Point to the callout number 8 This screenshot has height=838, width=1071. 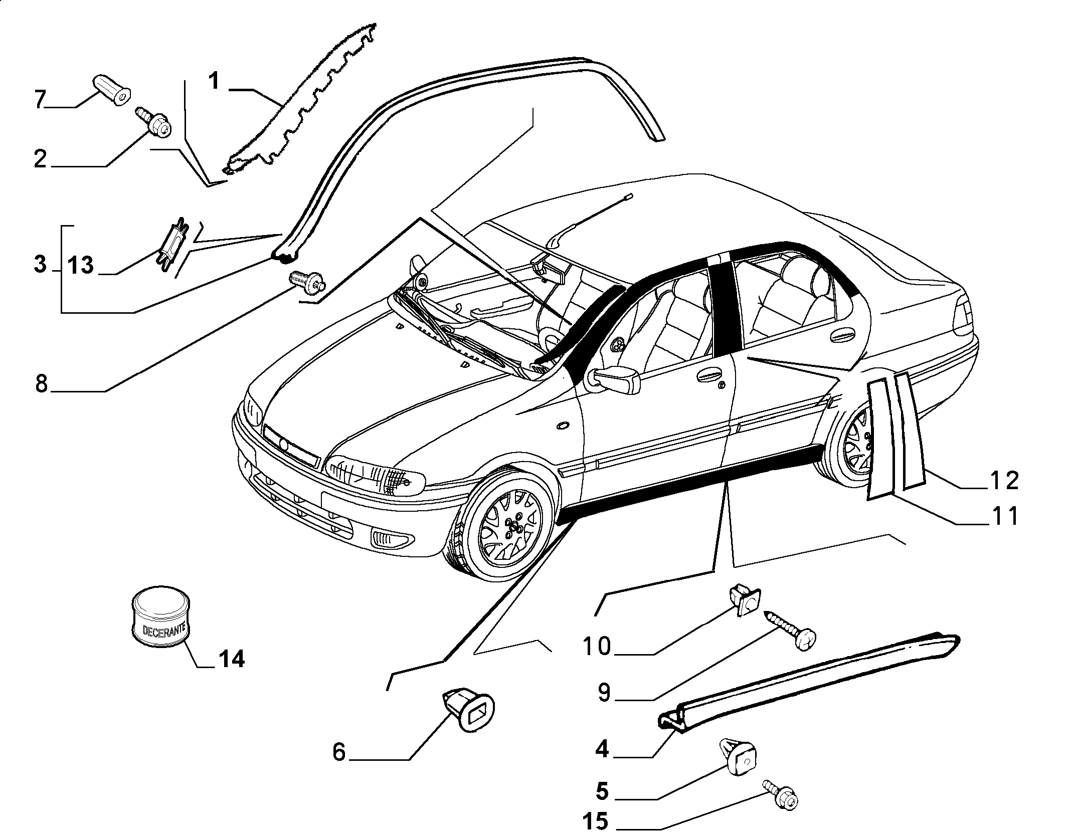(x=41, y=383)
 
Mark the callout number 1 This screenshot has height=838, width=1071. (x=215, y=81)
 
